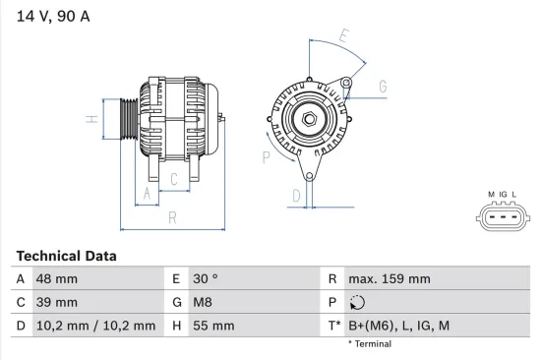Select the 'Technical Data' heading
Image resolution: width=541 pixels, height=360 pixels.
(x=66, y=256)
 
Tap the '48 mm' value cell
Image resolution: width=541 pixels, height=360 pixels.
(x=58, y=279)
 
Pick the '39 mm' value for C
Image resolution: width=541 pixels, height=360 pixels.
(x=58, y=302)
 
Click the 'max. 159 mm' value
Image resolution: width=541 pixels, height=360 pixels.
(x=391, y=279)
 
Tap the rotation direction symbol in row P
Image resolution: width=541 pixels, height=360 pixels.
(x=357, y=303)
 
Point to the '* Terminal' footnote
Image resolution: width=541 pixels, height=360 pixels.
(x=369, y=344)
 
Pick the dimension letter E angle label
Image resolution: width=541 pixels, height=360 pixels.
(x=343, y=37)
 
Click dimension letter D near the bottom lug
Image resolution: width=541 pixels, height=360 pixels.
(x=295, y=196)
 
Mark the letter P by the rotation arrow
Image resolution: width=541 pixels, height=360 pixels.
(x=266, y=155)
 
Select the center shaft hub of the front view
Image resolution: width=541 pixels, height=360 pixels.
(x=309, y=119)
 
